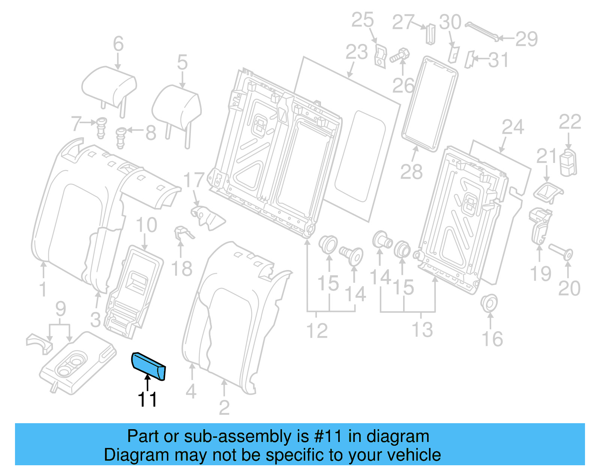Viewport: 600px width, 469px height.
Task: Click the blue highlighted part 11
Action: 148,366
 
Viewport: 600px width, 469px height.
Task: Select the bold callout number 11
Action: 147,400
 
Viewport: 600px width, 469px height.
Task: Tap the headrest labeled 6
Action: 109,84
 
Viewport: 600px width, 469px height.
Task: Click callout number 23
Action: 356,52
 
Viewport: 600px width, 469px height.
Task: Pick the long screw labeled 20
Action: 561,252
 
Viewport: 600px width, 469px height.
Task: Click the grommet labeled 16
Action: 489,303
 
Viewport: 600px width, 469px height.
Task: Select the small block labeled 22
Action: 568,162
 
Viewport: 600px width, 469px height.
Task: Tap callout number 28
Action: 411,172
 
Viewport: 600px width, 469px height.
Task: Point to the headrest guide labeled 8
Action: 121,137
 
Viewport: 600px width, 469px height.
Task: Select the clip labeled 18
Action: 183,233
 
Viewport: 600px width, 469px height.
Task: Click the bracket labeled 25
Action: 380,56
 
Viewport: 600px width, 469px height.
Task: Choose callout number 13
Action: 422,330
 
